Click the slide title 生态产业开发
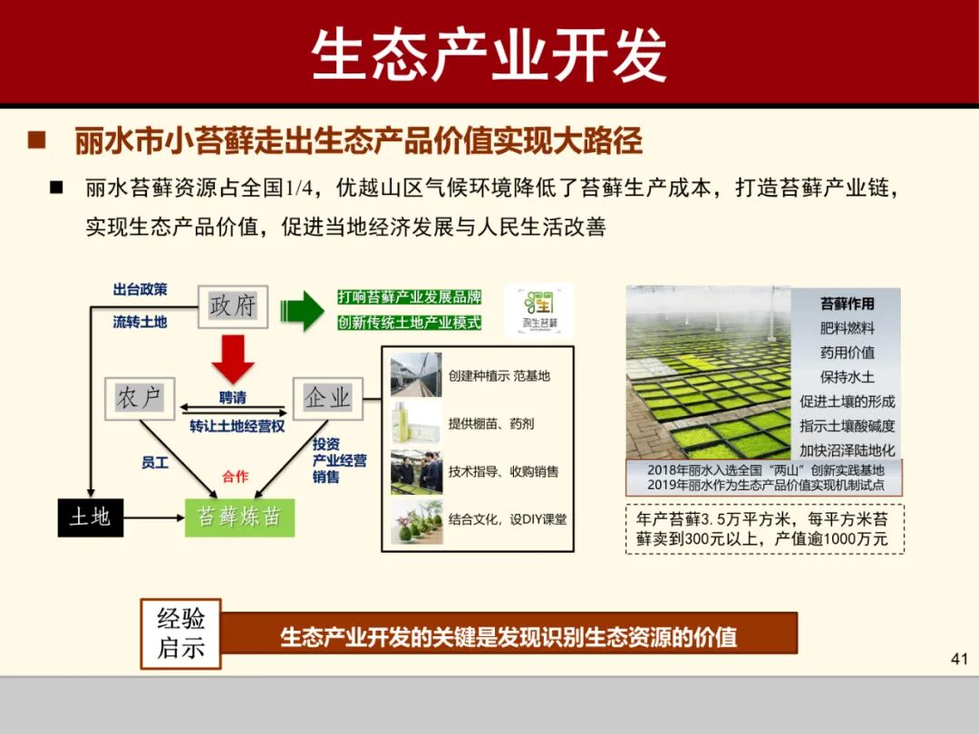(489, 54)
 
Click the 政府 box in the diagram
(232, 305)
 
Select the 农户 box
(139, 397)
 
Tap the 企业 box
(326, 397)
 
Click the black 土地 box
(90, 517)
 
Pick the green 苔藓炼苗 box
(239, 517)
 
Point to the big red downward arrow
(233, 358)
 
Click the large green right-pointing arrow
(302, 311)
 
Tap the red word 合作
(235, 477)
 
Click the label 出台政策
(140, 290)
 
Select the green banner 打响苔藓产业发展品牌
(409, 297)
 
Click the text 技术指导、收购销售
(503, 471)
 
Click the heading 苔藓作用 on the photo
(847, 304)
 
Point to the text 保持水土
(847, 376)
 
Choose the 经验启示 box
(181, 633)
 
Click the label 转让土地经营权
(237, 426)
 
